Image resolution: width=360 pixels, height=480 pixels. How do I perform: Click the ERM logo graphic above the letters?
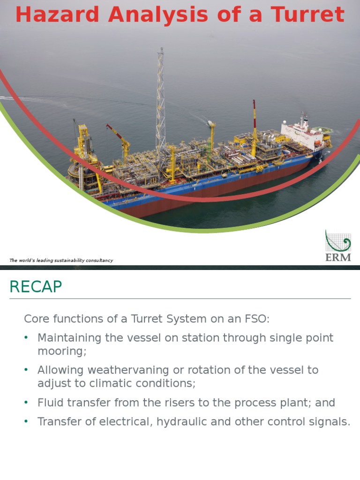pyautogui.click(x=337, y=241)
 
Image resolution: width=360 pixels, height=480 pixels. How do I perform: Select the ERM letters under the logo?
pyautogui.click(x=338, y=257)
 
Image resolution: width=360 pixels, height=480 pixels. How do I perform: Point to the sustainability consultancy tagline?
pyautogui.click(x=61, y=260)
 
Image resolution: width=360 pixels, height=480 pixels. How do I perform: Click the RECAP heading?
pyautogui.click(x=36, y=286)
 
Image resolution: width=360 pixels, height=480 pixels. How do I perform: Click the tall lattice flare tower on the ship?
pyautogui.click(x=160, y=94)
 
